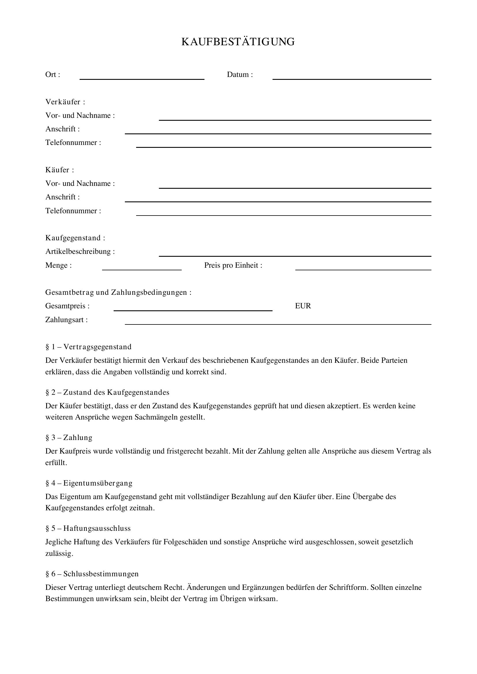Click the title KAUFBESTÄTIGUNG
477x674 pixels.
pos(238,42)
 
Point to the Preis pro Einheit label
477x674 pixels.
pos(233,265)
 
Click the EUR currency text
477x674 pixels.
pos(303,306)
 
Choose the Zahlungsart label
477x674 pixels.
pos(66,320)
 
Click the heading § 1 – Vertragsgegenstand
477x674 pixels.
pos(89,347)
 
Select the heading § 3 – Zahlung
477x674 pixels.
pos(69,438)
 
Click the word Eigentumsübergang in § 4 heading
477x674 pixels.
pos(98,483)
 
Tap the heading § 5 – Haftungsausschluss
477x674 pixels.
pos(88,528)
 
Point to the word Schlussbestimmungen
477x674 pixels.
pos(101,574)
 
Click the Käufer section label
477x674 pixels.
pos(59,170)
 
